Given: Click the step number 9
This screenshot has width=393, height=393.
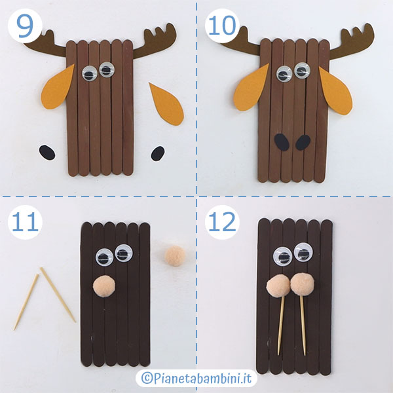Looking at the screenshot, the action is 25,27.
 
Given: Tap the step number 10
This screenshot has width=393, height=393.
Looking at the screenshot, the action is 222,26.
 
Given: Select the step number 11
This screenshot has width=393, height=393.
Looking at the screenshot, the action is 25,222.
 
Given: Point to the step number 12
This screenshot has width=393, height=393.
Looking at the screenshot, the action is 222,222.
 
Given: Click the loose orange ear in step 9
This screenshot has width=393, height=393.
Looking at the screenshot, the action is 166,103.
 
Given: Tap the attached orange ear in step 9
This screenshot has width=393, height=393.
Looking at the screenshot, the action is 58,86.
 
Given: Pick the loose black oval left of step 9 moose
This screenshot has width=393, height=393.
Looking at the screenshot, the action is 47,153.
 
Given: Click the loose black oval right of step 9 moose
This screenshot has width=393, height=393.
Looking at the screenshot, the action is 158,153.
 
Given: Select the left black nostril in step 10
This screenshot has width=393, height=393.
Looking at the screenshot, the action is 282,142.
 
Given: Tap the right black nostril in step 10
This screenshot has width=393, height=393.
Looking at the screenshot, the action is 303,142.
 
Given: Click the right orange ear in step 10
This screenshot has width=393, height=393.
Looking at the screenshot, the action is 335,91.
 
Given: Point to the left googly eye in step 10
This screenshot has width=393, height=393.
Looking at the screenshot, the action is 284,73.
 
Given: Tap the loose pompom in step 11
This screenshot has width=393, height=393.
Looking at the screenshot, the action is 175,256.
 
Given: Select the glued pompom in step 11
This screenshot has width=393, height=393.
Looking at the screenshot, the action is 104,286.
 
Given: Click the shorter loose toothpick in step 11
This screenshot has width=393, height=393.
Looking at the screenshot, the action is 26,302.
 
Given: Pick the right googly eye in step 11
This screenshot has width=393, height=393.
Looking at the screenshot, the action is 124,253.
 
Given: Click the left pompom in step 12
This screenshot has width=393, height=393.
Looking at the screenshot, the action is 278,286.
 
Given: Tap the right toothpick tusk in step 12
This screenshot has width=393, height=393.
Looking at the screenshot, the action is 303,325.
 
